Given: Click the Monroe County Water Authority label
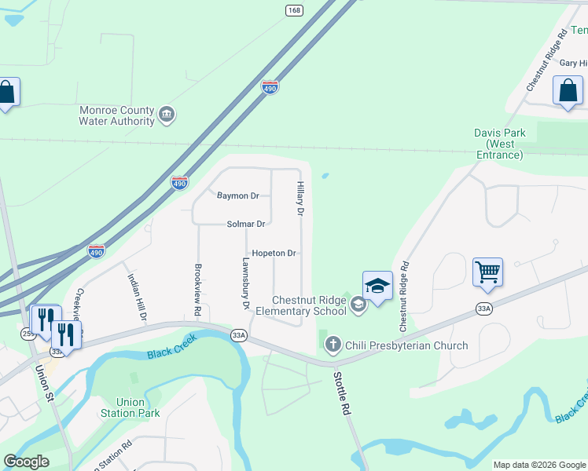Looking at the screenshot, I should [117, 116].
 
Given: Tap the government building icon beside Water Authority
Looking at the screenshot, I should [167, 115].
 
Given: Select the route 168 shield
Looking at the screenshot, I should [294, 10].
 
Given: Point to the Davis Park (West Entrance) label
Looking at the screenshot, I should [499, 144].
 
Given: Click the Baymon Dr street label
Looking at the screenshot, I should [238, 195].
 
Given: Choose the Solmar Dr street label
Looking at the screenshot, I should [246, 224].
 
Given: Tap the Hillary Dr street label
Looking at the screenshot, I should [300, 199].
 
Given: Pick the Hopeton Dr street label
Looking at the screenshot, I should [274, 254].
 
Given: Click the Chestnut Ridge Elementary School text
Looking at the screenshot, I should [309, 305].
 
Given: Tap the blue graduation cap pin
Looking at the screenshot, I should [377, 287].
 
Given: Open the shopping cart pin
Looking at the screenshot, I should [487, 273].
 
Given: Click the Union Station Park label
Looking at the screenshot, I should [130, 407].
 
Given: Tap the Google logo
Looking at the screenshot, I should [27, 462].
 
